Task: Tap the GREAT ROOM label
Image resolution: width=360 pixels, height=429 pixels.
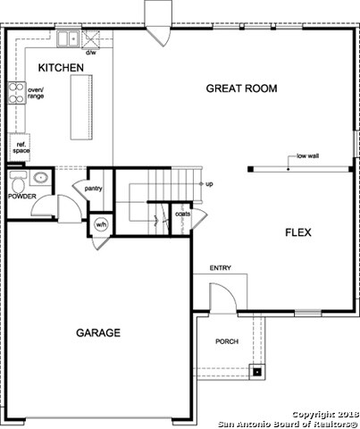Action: click(x=241, y=88)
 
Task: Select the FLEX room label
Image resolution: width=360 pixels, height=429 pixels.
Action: click(x=297, y=232)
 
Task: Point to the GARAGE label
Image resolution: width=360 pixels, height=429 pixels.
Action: click(x=97, y=332)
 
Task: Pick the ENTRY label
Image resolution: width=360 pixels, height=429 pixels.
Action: click(x=221, y=268)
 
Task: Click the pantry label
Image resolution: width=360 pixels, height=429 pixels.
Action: click(x=94, y=189)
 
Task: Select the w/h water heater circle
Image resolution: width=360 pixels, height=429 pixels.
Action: click(x=100, y=224)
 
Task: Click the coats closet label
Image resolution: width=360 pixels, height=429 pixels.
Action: click(x=182, y=214)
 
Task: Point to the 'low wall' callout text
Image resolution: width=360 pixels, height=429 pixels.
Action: click(x=309, y=156)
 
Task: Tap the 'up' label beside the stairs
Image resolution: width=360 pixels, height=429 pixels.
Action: click(x=209, y=185)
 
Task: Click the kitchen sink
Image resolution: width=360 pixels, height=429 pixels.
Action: click(x=67, y=38)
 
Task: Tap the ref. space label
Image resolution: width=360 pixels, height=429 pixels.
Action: click(x=21, y=148)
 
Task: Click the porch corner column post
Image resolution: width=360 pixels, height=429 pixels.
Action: click(x=258, y=371)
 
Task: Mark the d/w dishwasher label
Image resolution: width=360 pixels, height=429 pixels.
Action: click(x=90, y=53)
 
